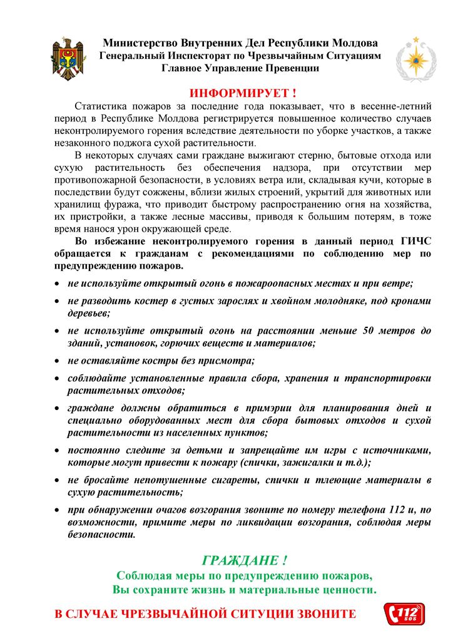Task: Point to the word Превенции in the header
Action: pos(288,68)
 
